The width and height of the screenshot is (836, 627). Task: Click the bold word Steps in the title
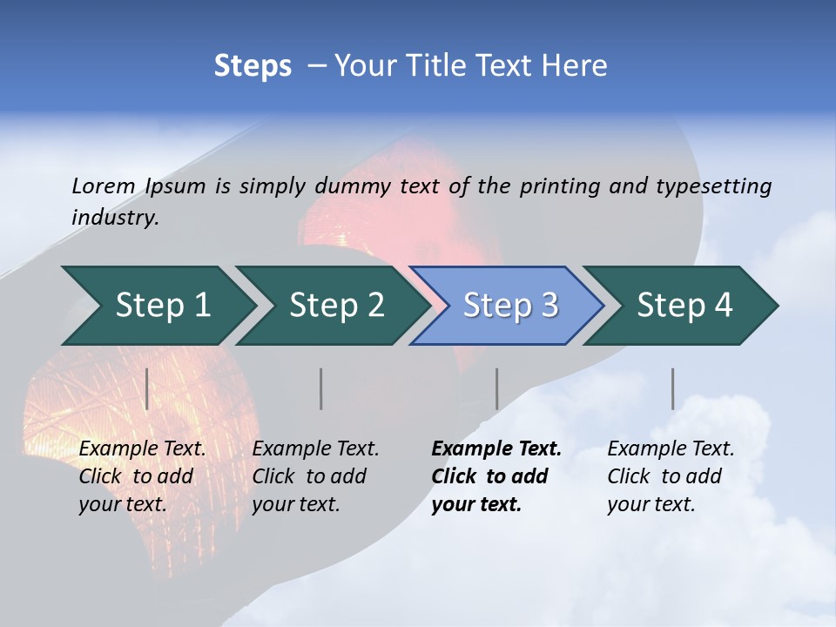(x=253, y=66)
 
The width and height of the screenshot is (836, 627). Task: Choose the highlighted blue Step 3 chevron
(x=509, y=306)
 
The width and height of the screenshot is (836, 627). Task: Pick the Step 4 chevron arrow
(x=684, y=306)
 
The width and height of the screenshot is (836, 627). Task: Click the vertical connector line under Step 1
(x=147, y=388)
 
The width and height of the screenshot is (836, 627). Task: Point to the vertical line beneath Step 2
(x=321, y=388)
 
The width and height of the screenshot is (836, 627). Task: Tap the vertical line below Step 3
(x=496, y=388)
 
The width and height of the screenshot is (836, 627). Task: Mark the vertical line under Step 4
(x=672, y=388)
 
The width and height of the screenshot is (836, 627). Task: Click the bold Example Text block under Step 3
(x=496, y=476)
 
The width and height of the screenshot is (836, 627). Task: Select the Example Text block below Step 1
(x=142, y=476)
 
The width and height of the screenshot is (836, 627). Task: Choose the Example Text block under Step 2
(x=315, y=476)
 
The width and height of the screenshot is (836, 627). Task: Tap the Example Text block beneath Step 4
(x=671, y=476)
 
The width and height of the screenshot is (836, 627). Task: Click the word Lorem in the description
(x=104, y=186)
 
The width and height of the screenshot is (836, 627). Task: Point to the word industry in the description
(x=115, y=218)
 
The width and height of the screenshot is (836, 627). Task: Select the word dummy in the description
(x=353, y=186)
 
